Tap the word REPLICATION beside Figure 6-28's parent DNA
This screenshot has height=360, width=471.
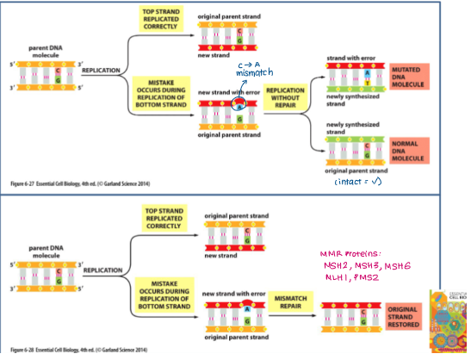tap(101, 268)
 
